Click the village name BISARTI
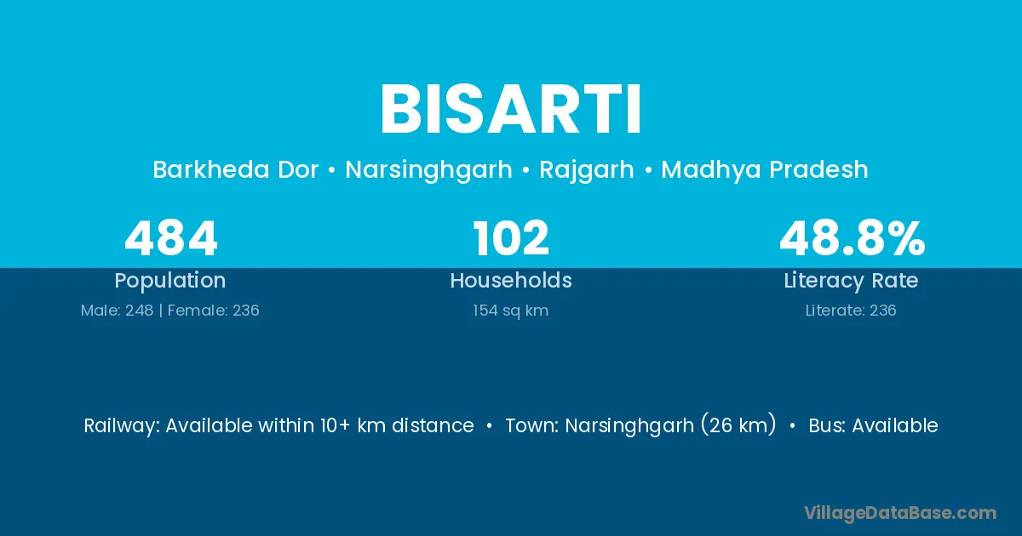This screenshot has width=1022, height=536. click(x=511, y=109)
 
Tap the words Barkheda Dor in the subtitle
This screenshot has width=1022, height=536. click(x=235, y=169)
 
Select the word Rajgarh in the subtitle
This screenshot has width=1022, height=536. click(x=587, y=170)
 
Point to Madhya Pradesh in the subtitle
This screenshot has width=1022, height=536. click(x=765, y=169)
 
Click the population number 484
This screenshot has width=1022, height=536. click(x=171, y=238)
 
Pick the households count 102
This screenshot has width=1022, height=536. click(x=511, y=238)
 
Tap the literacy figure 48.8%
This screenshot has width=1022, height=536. click(x=853, y=238)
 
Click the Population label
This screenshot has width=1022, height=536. click(x=170, y=281)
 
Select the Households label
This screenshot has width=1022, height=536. click(x=511, y=280)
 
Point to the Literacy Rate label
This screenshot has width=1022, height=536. click(x=852, y=281)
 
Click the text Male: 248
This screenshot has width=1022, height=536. click(x=117, y=311)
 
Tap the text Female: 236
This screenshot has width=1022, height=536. click(x=214, y=311)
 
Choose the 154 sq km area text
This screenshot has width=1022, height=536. click(x=510, y=311)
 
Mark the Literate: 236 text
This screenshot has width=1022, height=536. click(x=851, y=311)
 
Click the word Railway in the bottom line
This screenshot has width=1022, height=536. click(x=121, y=426)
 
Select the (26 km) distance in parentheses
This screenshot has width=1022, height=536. click(x=738, y=425)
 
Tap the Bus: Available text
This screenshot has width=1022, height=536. click(x=873, y=425)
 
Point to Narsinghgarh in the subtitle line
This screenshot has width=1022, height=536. click(x=429, y=170)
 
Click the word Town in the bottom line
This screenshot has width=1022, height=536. click(x=531, y=426)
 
